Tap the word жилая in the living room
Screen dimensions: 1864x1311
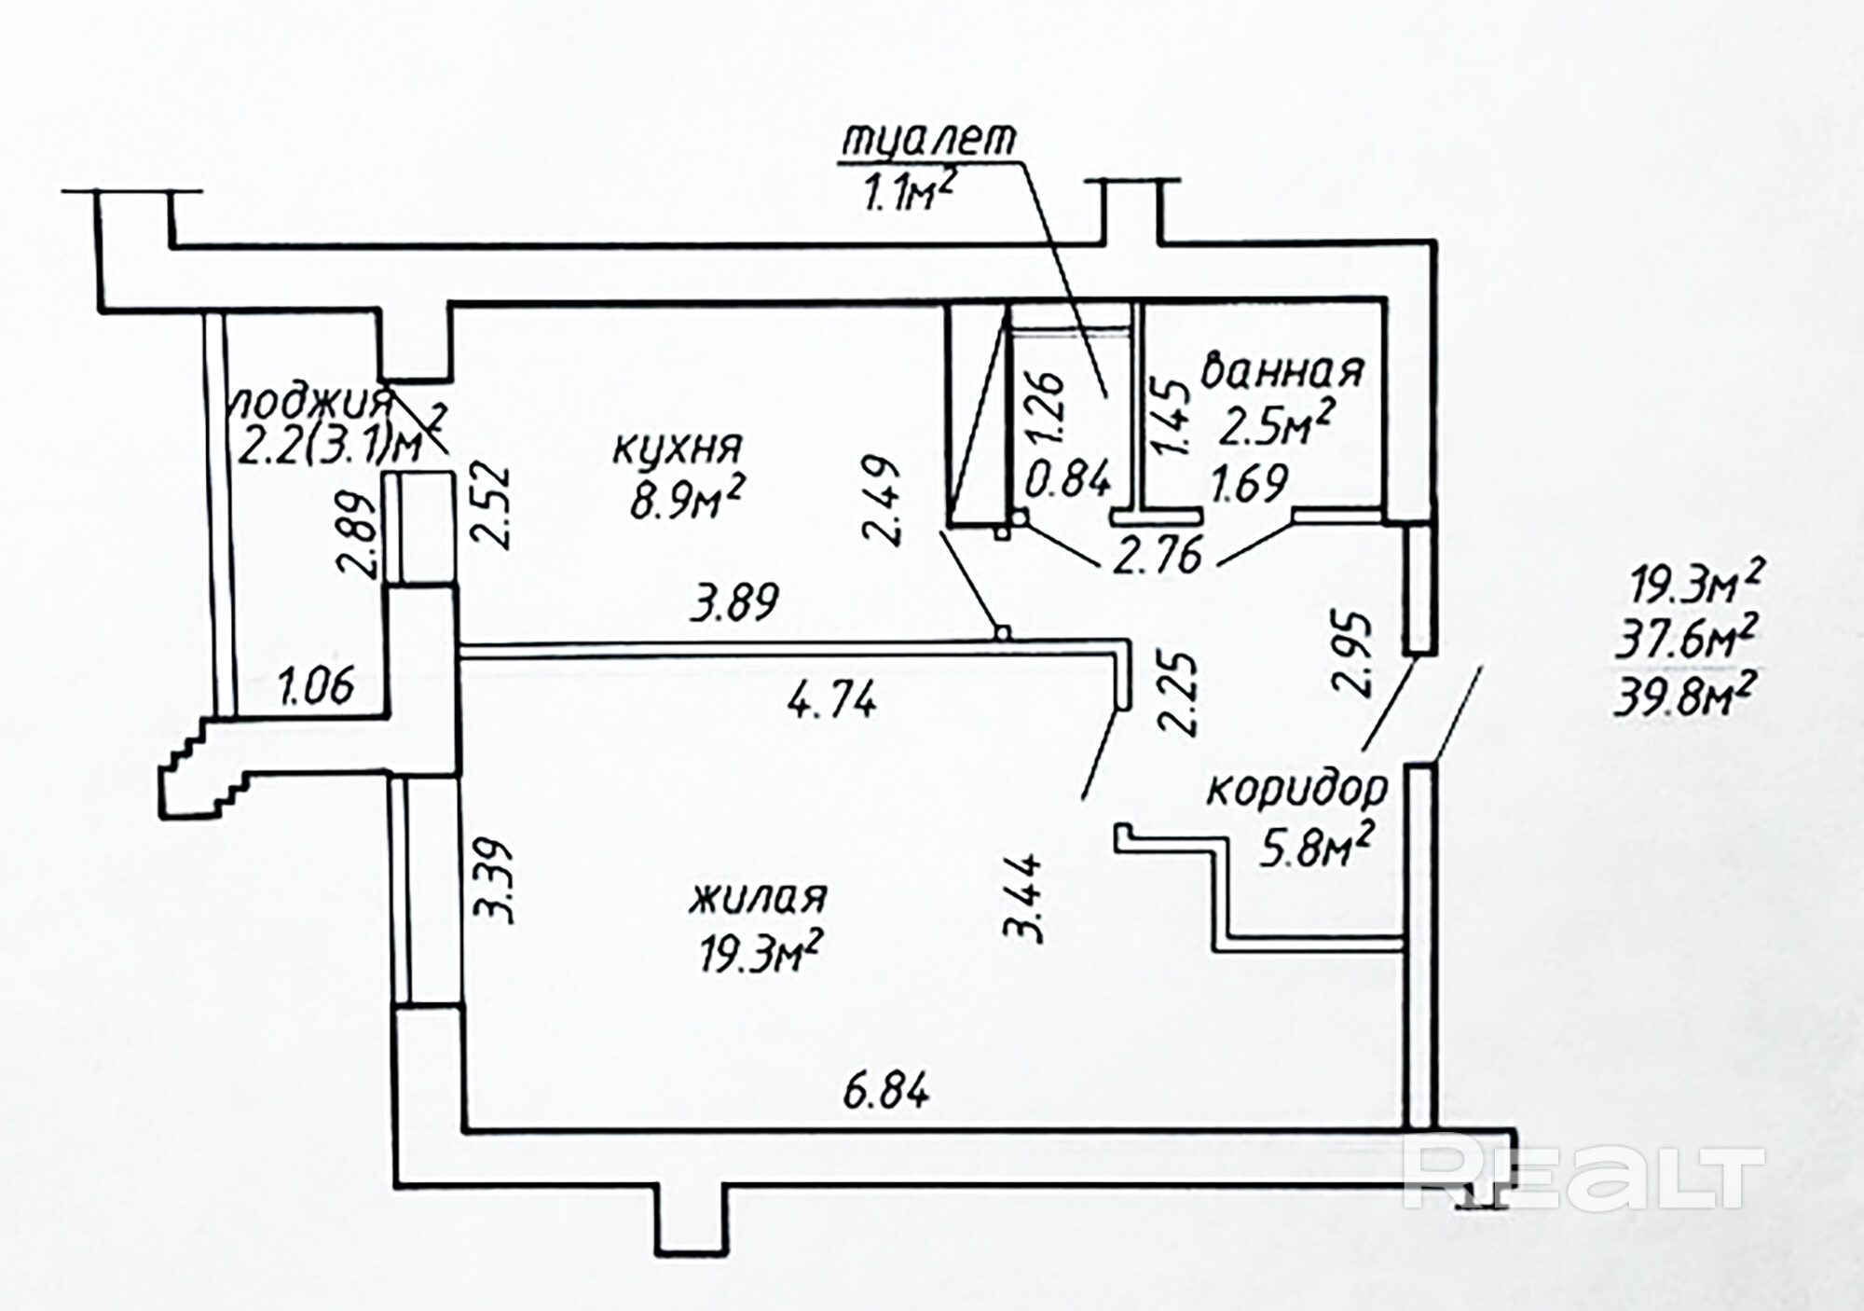point(758,899)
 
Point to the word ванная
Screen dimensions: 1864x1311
point(1282,370)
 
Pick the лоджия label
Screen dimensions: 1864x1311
point(311,403)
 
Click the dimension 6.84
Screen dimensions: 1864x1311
point(885,1091)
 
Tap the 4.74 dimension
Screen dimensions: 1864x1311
point(832,699)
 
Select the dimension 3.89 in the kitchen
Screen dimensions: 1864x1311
point(733,602)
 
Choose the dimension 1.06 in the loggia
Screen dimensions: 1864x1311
point(316,687)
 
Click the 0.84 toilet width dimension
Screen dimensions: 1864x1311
point(1068,481)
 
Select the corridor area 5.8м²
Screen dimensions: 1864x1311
point(1313,848)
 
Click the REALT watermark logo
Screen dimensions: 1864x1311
point(1584,1173)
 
